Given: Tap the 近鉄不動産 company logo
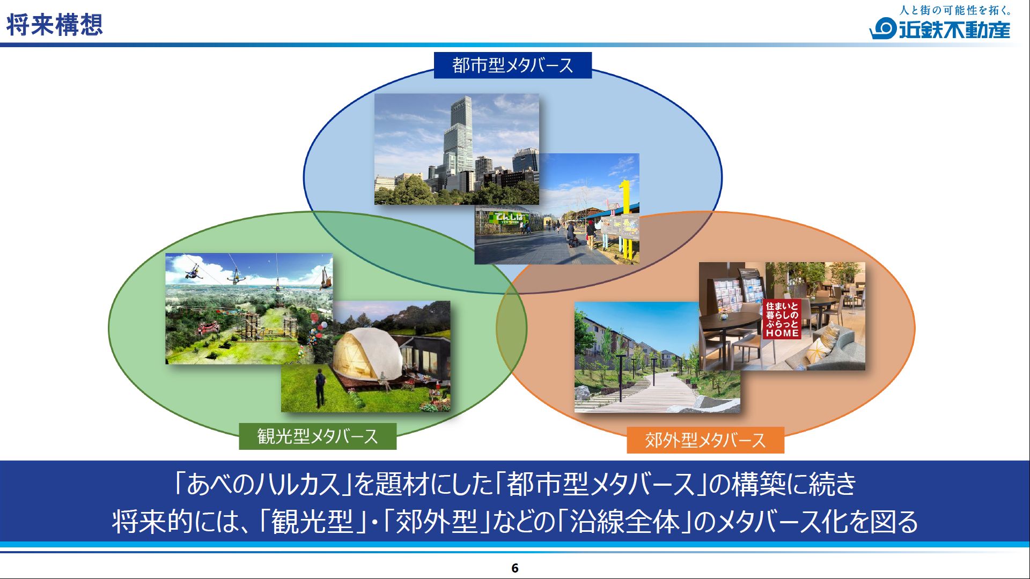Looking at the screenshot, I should (x=940, y=29).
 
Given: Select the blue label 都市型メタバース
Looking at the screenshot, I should (x=512, y=65).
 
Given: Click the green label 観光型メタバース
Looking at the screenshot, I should (x=317, y=436).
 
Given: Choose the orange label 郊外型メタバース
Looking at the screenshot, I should (x=705, y=440).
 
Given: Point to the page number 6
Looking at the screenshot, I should (x=515, y=568).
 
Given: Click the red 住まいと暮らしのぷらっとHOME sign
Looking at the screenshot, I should (x=782, y=320).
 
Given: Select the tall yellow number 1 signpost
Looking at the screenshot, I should (x=626, y=220).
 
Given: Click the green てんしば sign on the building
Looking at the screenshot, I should (x=509, y=218).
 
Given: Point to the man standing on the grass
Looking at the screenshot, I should (x=320, y=386).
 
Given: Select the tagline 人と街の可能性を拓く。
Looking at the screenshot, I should (x=955, y=10).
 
